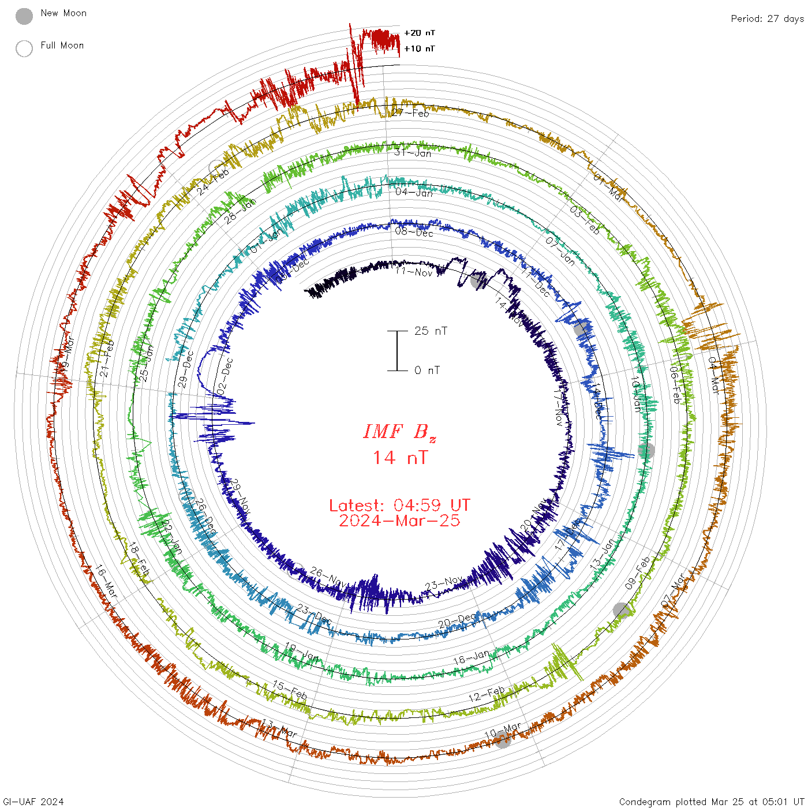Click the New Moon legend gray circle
pyautogui.click(x=24, y=16)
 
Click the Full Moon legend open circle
pyautogui.click(x=24, y=48)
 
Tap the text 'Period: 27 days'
pyautogui.click(x=767, y=18)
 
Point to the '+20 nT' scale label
pyautogui.click(x=420, y=33)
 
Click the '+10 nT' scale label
pyautogui.click(x=420, y=48)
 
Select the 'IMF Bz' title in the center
pyautogui.click(x=399, y=432)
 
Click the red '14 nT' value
pyautogui.click(x=399, y=458)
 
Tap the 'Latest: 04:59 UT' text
pyautogui.click(x=399, y=506)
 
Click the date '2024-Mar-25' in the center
pyautogui.click(x=399, y=521)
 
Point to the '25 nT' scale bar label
pyautogui.click(x=431, y=331)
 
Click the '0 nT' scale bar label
pyautogui.click(x=427, y=370)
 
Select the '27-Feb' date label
pyautogui.click(x=410, y=113)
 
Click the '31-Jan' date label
pyautogui.click(x=413, y=153)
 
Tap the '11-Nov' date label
pyautogui.click(x=414, y=271)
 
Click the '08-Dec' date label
pyautogui.click(x=414, y=232)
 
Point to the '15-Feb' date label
pyautogui.click(x=289, y=690)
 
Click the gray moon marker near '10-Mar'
pyautogui.click(x=503, y=740)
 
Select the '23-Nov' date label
pyautogui.click(x=444, y=584)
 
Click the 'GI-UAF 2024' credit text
pyautogui.click(x=33, y=802)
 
